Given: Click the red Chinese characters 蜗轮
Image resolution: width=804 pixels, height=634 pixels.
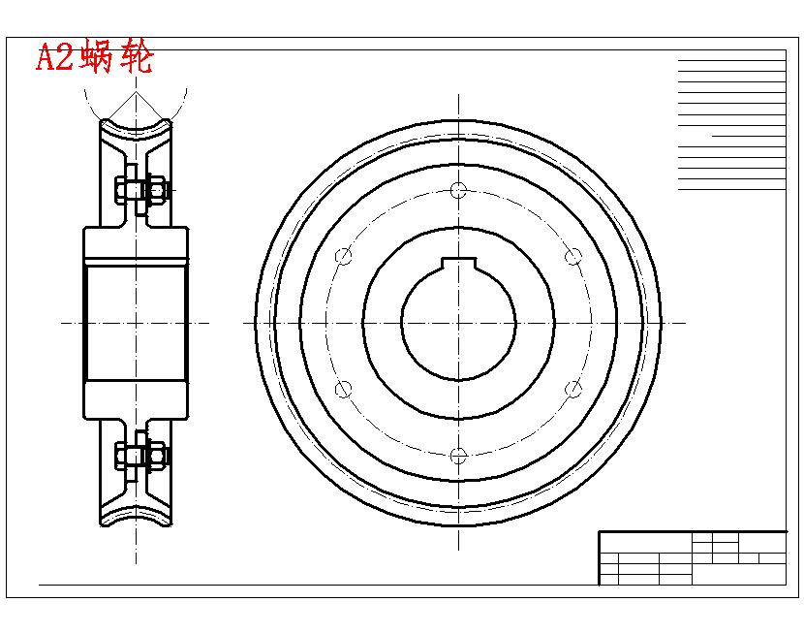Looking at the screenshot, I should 117,58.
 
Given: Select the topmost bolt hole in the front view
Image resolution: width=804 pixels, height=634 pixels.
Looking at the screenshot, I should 458,190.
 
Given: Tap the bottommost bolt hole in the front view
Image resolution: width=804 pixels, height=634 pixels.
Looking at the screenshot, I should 458,455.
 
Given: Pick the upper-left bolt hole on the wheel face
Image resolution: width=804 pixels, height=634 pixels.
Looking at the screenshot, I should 343,256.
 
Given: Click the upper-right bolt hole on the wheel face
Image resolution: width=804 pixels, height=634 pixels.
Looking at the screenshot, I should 573,256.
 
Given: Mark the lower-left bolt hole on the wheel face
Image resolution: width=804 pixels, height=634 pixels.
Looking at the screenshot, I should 343,389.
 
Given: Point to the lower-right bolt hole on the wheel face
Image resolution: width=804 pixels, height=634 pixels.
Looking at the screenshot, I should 573,389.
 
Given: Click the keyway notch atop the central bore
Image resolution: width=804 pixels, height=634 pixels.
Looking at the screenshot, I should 458,264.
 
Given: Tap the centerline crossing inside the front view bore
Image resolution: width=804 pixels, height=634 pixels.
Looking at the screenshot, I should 458,323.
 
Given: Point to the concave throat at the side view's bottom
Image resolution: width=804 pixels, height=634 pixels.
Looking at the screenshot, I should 136,516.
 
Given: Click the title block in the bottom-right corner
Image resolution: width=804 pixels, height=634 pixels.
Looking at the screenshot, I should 692,557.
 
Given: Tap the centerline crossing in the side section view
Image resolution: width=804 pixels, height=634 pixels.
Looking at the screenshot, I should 136,323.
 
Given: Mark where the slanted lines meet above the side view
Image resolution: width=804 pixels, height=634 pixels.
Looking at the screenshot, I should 136,96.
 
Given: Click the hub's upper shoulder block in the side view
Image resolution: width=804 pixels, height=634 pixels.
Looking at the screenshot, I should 136,246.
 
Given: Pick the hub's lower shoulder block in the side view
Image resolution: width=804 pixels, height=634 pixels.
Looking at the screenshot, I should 136,399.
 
